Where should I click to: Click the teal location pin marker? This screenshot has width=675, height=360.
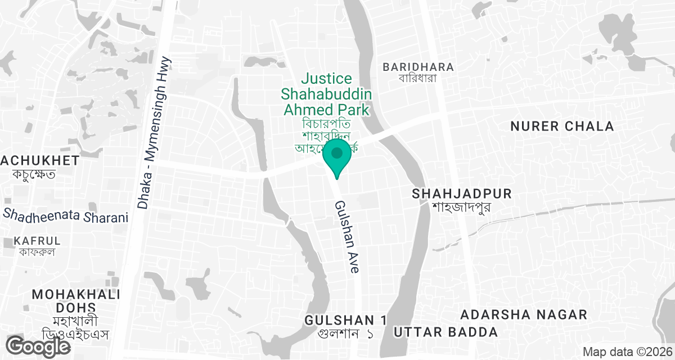click(x=337, y=156)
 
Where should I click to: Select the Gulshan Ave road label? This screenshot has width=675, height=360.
click(x=347, y=237)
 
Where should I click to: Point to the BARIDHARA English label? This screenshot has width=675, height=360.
click(x=418, y=67)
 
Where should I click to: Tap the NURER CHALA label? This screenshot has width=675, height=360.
click(x=562, y=127)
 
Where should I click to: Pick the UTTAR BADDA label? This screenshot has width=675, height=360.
click(x=445, y=332)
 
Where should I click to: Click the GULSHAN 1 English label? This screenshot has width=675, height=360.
click(x=345, y=320)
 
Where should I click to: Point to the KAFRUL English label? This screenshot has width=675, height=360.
click(x=37, y=241)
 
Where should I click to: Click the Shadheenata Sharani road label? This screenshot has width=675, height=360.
click(x=66, y=215)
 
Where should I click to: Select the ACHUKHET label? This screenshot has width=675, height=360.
click(x=39, y=161)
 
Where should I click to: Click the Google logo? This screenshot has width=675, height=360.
click(x=38, y=346)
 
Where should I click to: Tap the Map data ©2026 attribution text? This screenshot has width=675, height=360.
click(x=627, y=352)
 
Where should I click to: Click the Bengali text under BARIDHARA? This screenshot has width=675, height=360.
click(x=418, y=78)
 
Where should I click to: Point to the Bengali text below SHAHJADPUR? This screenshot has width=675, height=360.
click(x=462, y=206)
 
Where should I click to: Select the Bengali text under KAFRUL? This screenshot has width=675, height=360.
click(x=37, y=251)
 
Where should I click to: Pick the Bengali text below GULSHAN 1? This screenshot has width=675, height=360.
click(x=345, y=333)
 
